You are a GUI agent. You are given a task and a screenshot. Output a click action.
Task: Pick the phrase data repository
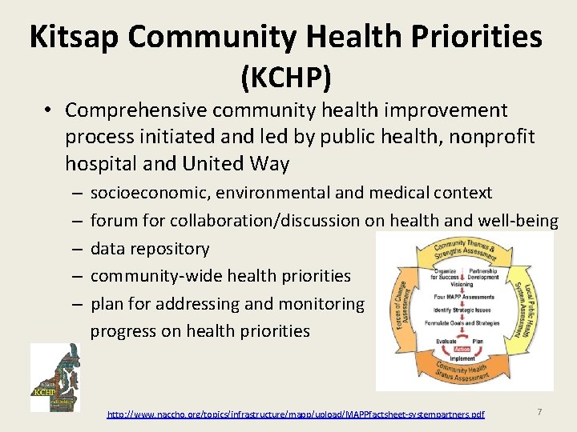(150, 249)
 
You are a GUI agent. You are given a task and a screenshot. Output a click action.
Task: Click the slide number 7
(539, 411)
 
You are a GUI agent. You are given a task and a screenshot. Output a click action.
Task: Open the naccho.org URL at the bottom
(296, 414)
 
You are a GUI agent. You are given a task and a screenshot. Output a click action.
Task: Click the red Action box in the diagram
(462, 350)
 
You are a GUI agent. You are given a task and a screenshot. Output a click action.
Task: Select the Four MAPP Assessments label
(464, 297)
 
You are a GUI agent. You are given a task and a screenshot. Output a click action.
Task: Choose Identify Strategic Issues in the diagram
(464, 310)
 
